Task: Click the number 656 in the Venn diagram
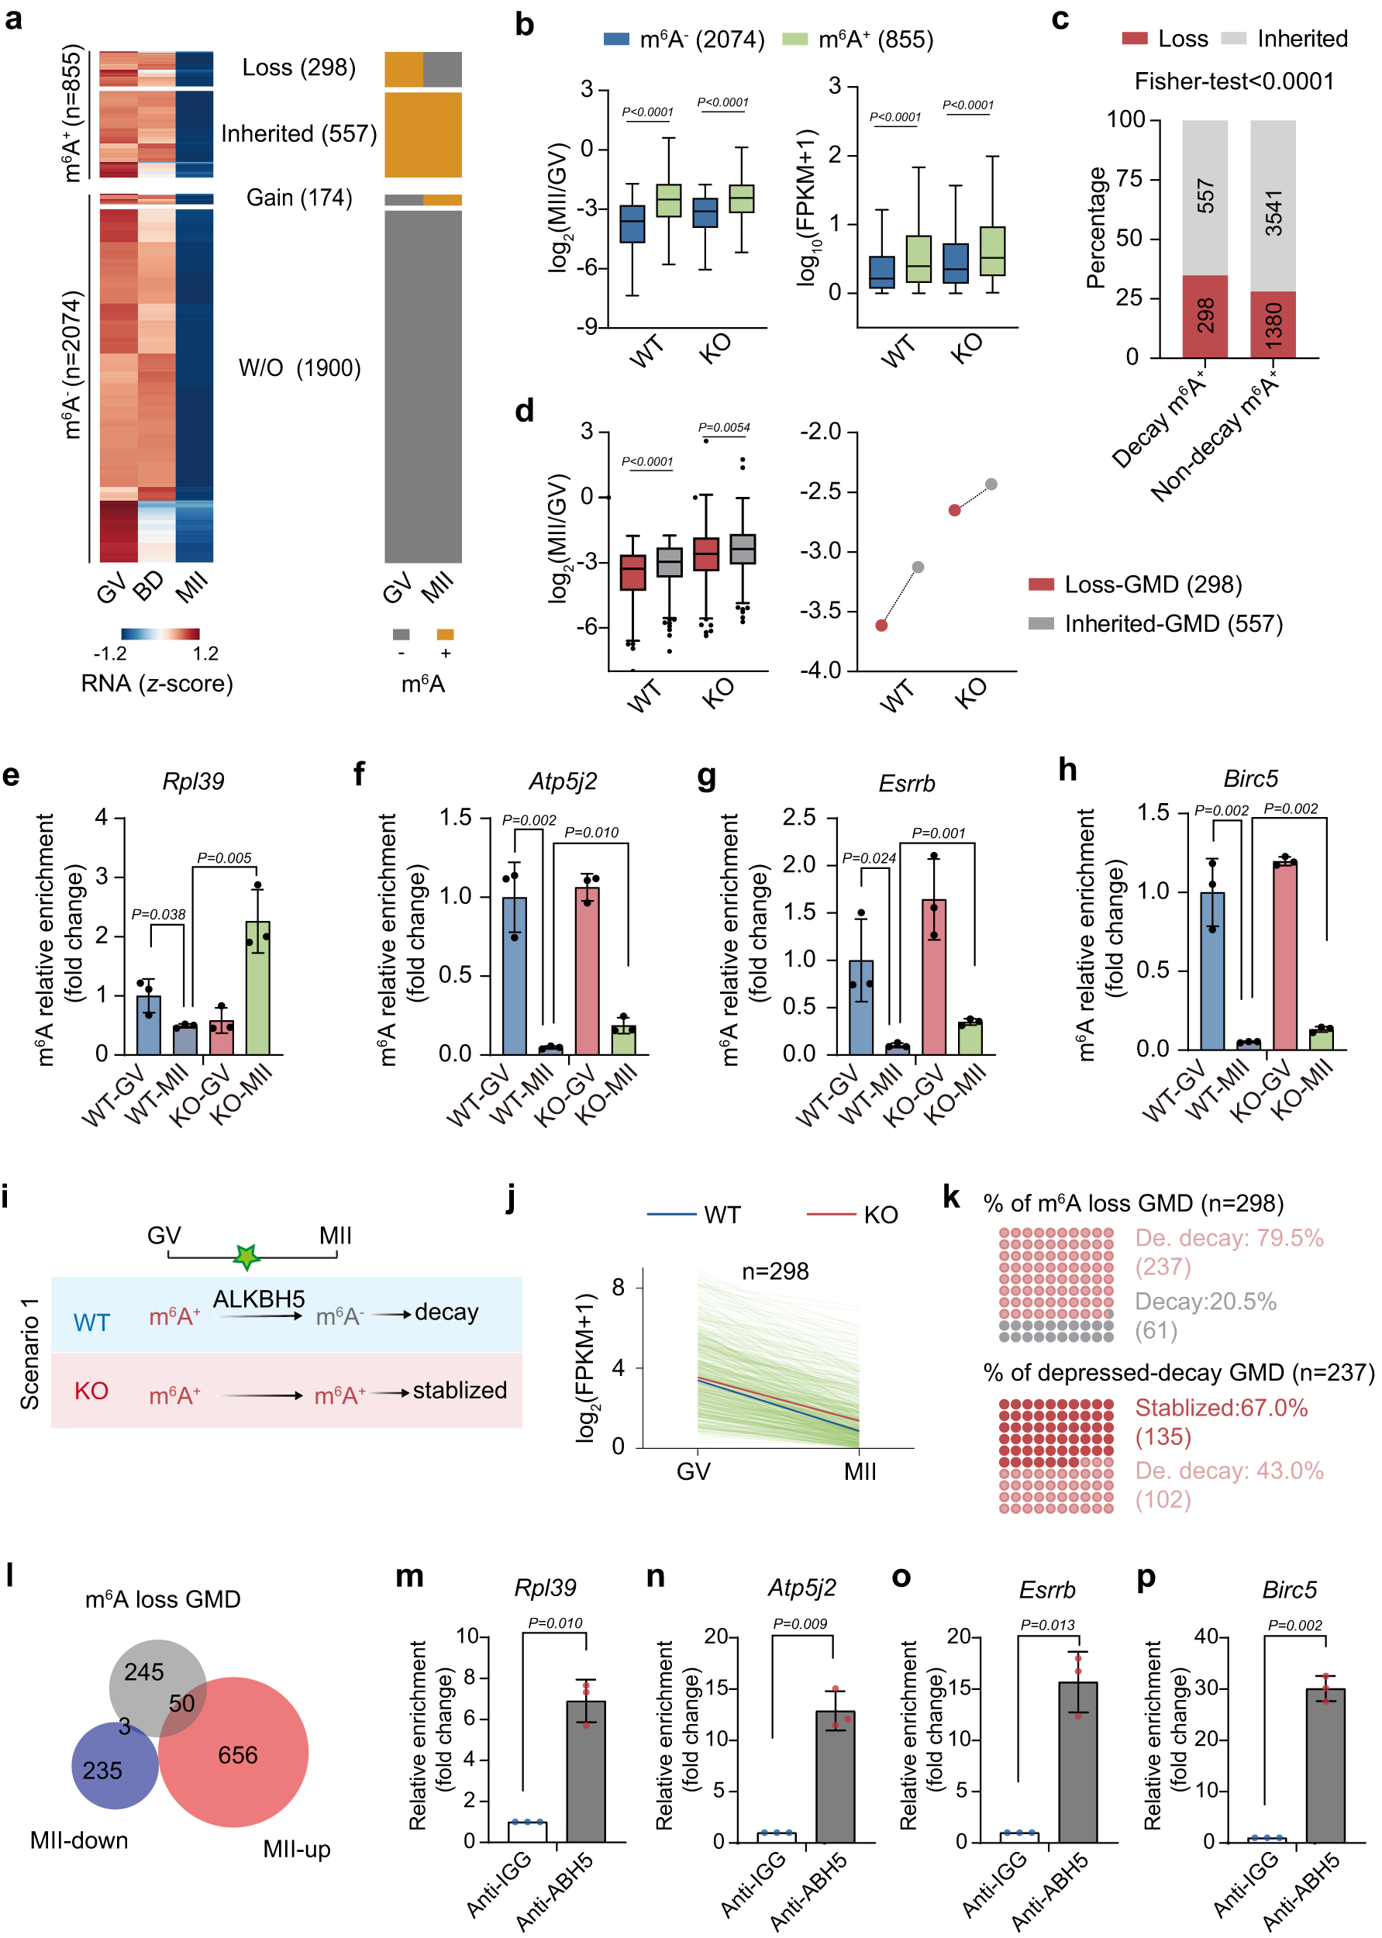pyautogui.click(x=237, y=1754)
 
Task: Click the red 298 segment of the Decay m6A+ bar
pyautogui.click(x=1205, y=316)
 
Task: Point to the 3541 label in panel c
pyautogui.click(x=1273, y=212)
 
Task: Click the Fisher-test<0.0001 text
pyautogui.click(x=1234, y=81)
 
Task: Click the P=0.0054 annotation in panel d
pyautogui.click(x=723, y=428)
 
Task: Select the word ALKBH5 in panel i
pyautogui.click(x=259, y=1300)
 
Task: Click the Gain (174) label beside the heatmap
pyautogui.click(x=298, y=198)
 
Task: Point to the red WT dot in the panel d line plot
pyautogui.click(x=881, y=626)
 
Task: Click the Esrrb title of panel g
pyautogui.click(x=906, y=783)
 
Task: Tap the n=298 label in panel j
pyautogui.click(x=774, y=1271)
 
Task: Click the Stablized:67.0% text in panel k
pyautogui.click(x=1220, y=1408)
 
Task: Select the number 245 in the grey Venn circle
pyautogui.click(x=144, y=1672)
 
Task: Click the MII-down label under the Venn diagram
pyautogui.click(x=79, y=1841)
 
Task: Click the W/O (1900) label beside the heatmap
pyautogui.click(x=299, y=368)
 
